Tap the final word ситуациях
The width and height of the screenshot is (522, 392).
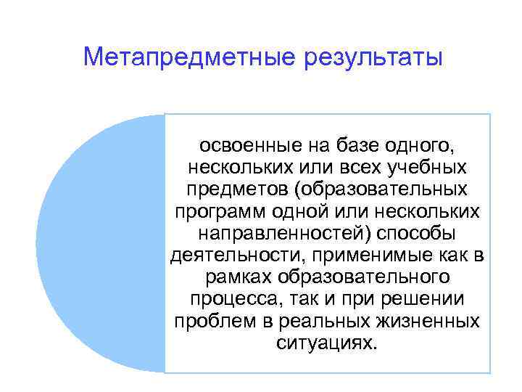tap(327, 342)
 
